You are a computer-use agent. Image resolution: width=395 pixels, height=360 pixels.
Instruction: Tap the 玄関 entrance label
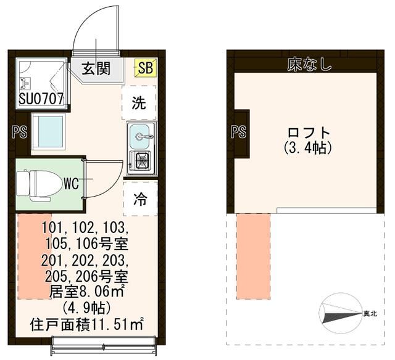tap(98, 68)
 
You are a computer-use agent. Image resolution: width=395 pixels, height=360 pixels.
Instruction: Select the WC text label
tap(70, 182)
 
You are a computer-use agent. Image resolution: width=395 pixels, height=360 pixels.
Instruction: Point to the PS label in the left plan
tap(17, 131)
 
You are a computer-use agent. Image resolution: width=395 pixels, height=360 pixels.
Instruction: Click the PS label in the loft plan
tap(238, 131)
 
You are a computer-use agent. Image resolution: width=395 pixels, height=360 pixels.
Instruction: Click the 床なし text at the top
tap(309, 64)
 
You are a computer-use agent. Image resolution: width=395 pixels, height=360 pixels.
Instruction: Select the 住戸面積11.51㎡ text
tap(87, 322)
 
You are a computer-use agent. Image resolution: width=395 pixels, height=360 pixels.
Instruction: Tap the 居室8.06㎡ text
tap(87, 288)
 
